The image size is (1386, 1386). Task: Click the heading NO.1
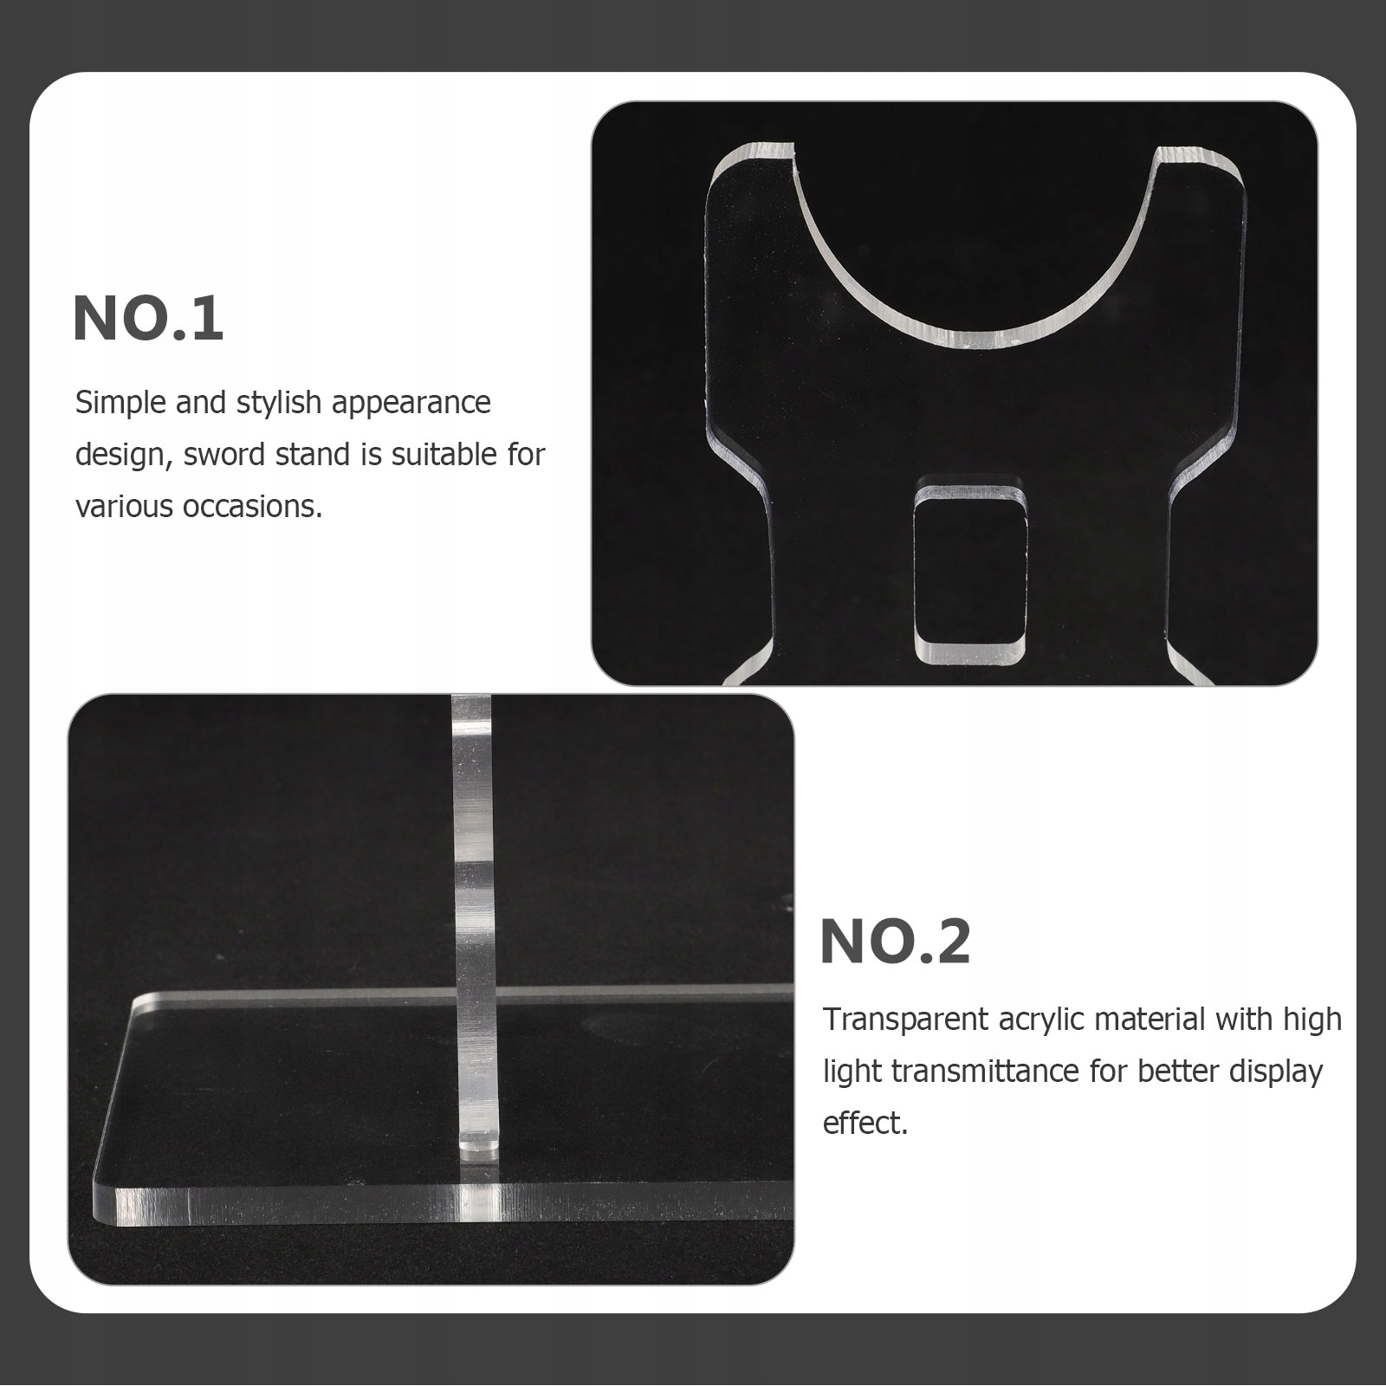point(148,319)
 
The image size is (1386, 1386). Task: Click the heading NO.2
point(896,942)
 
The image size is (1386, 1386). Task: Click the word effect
point(865,1124)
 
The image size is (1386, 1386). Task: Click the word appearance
point(411,404)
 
